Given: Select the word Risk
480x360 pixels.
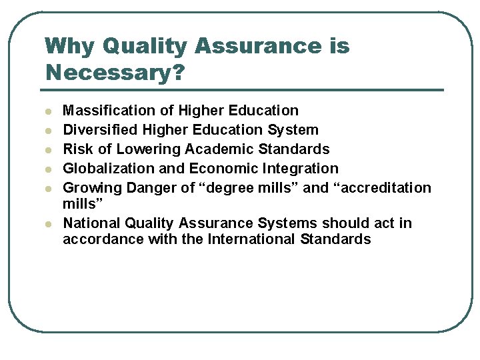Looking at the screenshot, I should [x=77, y=149].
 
